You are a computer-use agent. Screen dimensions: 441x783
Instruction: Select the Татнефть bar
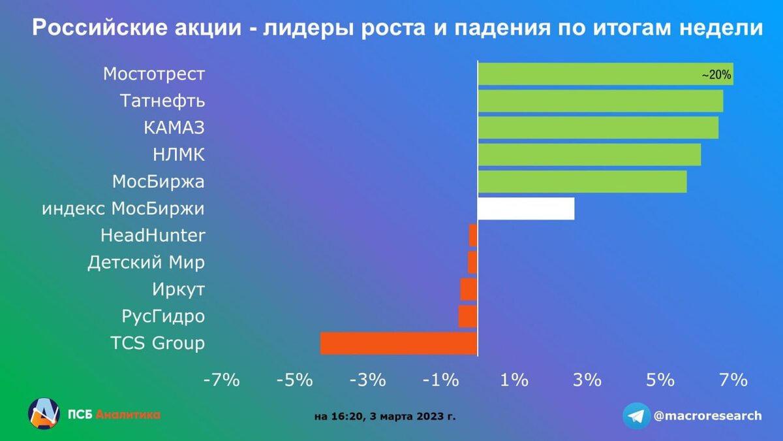pos(600,101)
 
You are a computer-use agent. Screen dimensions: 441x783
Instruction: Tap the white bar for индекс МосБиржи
pos(526,208)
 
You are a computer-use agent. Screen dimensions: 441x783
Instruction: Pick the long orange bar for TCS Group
pos(399,343)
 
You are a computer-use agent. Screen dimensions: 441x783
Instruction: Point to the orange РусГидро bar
pos(468,316)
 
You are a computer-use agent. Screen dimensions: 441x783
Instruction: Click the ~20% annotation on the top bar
pos(716,75)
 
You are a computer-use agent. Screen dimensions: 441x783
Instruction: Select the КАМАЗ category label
pos(174,128)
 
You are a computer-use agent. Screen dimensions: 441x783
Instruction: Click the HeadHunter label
pos(153,235)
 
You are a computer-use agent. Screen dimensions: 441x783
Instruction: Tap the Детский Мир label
pos(146,263)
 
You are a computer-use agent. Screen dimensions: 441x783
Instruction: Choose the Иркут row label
pos(178,289)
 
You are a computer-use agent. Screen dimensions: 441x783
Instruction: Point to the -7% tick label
pos(222,380)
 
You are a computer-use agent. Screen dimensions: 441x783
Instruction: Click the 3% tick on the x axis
pos(587,380)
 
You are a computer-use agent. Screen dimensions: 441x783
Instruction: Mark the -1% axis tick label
pos(440,380)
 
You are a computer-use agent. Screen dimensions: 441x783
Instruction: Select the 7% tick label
pos(733,380)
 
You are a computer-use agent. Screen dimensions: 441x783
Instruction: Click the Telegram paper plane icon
pos(636,416)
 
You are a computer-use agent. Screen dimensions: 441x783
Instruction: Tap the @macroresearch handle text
pos(707,416)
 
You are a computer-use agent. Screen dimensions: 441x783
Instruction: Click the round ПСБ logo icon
pos(44,414)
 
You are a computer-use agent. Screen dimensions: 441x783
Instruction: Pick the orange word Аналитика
pos(128,414)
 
